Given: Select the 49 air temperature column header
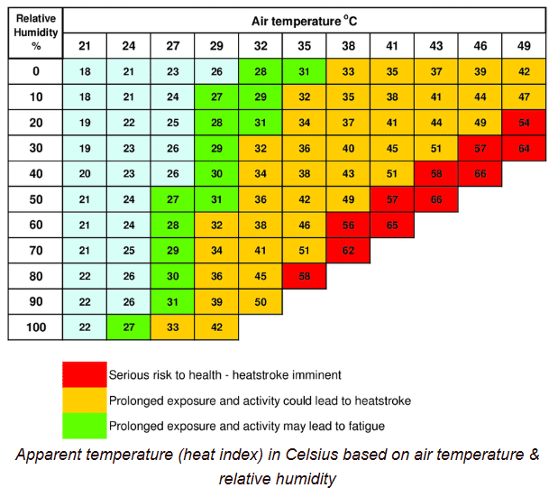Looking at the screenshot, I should (x=524, y=46).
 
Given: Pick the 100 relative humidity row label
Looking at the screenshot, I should (x=36, y=327).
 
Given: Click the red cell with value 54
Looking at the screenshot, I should (x=524, y=122).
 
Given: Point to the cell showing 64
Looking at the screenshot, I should (x=524, y=148).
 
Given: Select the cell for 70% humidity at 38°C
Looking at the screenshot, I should (x=348, y=250).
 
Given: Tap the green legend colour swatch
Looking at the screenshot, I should (x=84, y=425).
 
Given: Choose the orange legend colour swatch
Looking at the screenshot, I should (x=84, y=400).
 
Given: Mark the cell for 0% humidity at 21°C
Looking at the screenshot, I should (x=85, y=71).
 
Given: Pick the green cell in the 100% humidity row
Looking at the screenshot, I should (x=129, y=327).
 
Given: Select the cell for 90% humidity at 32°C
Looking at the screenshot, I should (x=261, y=301).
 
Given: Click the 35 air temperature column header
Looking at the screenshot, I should (x=305, y=46).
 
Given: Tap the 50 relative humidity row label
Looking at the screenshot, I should (x=36, y=198).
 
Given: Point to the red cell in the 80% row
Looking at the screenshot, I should (x=305, y=276).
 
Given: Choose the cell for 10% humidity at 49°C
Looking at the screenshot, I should (x=524, y=97).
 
